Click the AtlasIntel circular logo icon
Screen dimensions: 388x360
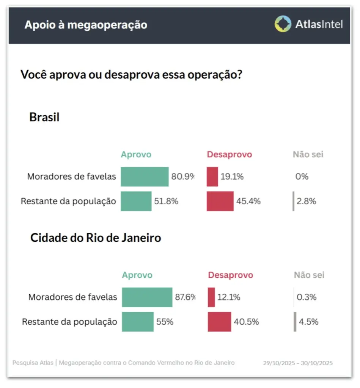point(283,24)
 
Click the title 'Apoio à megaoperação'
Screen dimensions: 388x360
point(86,25)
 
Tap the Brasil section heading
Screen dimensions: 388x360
point(44,117)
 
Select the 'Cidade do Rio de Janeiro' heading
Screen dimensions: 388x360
point(96,238)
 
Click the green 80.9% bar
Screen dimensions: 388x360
point(145,177)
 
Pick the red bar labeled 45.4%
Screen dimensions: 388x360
point(220,201)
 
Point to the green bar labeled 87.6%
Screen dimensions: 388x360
point(147,297)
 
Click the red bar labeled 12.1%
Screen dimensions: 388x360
point(211,297)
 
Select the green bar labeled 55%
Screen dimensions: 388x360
point(138,322)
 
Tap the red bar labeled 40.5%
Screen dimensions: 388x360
point(219,322)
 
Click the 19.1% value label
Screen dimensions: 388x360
point(232,177)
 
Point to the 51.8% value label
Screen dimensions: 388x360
point(166,201)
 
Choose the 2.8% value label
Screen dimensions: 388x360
point(307,201)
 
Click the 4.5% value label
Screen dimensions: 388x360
point(308,322)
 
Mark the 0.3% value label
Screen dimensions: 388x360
point(307,297)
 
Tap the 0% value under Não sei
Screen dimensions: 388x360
point(302,177)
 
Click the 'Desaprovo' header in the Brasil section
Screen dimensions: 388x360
point(229,155)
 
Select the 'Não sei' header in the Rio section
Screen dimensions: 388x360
point(309,275)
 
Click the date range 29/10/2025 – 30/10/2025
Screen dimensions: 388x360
point(298,363)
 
